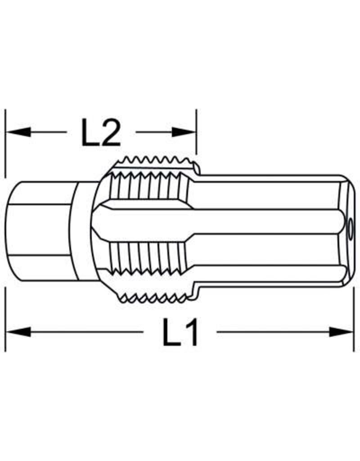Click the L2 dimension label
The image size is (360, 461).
(x=101, y=132)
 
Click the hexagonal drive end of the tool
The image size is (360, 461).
(x=40, y=230)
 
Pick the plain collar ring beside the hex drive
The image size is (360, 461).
(x=84, y=230)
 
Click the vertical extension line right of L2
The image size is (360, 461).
(x=197, y=131)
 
